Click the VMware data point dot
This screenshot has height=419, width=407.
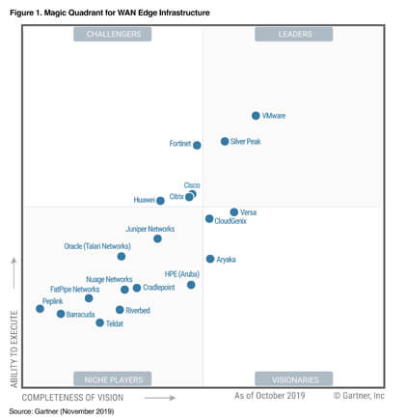(x=256, y=116)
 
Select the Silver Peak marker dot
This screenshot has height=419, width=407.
(x=225, y=141)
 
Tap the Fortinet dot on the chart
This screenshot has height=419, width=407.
(x=197, y=145)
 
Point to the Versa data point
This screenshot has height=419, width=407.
(x=233, y=212)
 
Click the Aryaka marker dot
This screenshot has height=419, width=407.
(x=210, y=259)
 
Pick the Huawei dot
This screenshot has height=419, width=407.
(x=160, y=201)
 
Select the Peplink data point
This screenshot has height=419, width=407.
(x=40, y=309)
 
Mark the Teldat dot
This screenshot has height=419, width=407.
(x=99, y=322)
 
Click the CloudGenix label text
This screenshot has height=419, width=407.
(x=230, y=221)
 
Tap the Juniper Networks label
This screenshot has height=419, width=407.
(x=149, y=229)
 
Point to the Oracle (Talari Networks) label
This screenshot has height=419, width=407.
(x=96, y=246)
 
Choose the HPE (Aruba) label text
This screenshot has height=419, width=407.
(x=181, y=274)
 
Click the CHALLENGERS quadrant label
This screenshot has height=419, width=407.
(x=113, y=34)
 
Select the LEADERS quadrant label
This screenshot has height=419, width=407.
(x=293, y=34)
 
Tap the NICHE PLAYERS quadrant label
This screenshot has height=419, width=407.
(x=113, y=378)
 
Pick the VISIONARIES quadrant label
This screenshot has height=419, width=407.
(x=293, y=378)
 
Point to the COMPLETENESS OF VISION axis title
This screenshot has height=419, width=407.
(x=72, y=397)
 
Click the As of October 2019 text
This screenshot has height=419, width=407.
(x=269, y=396)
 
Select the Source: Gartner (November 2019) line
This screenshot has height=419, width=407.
(x=62, y=412)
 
